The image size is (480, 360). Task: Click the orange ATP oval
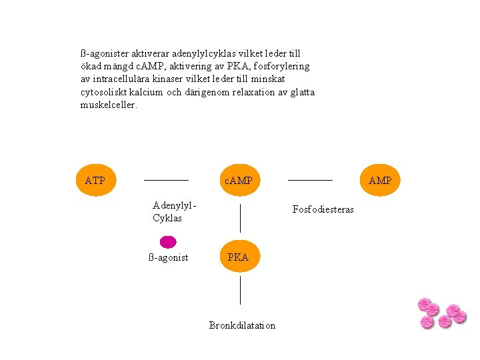95,180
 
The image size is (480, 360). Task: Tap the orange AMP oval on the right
380,180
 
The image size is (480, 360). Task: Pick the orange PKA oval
238,257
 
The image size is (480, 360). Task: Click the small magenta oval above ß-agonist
168,241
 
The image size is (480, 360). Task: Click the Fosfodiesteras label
323,210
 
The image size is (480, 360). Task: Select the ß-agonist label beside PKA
168,257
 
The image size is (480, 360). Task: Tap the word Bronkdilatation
242,325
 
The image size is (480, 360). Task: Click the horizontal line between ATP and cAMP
166,180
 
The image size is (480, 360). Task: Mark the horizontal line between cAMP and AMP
309,180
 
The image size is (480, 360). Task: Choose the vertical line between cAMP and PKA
240,218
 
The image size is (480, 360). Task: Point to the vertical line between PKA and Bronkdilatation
240,291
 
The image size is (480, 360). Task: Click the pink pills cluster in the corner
440,313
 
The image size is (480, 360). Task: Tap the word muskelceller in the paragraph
109,105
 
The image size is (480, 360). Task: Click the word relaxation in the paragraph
254,92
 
